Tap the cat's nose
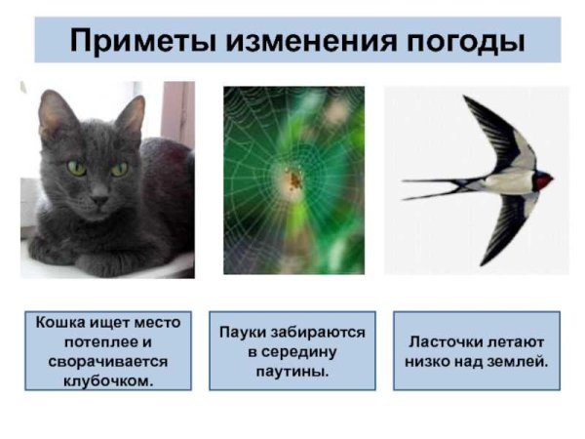point(97,195)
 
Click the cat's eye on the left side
point(76,168)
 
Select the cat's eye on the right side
point(119,169)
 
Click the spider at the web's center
point(291,180)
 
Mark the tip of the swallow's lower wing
point(485,261)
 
